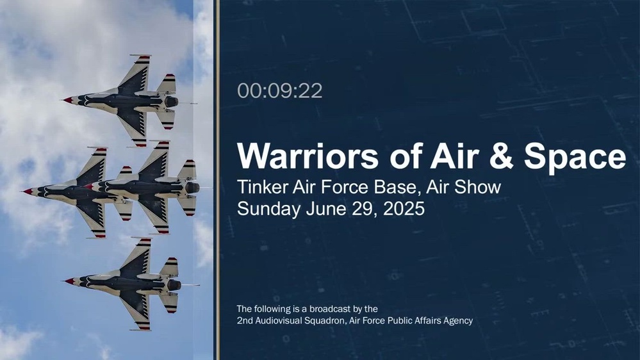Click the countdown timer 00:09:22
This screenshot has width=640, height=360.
(279, 90)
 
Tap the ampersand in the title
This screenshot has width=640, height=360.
(501, 156)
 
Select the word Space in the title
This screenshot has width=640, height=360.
(575, 158)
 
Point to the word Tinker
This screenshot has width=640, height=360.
(262, 187)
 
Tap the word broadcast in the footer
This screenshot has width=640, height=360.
(330, 309)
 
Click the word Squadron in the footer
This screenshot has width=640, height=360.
(326, 321)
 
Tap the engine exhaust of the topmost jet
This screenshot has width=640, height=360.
(172, 102)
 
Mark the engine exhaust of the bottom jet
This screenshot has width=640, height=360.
(174, 285)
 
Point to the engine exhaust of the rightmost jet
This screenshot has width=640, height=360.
(193, 188)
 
